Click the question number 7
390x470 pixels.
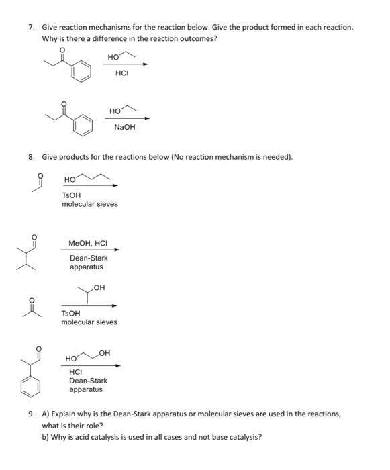pyautogui.click(x=32, y=27)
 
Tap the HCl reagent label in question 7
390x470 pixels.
pyautogui.click(x=122, y=73)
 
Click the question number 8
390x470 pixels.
pyautogui.click(x=32, y=157)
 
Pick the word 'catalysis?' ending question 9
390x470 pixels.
pyautogui.click(x=243, y=437)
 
